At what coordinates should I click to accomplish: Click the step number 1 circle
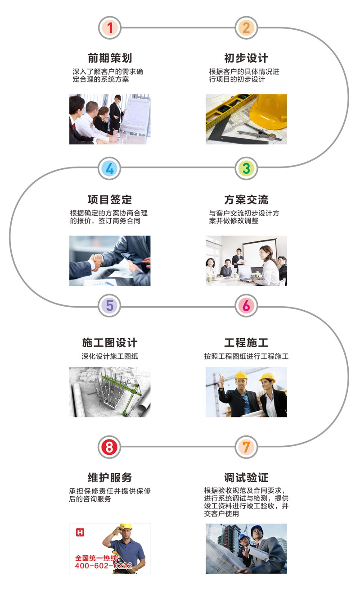pyautogui.click(x=110, y=28)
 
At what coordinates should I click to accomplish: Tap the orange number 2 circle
pyautogui.click(x=246, y=28)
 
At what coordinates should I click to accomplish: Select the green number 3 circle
pyautogui.click(x=246, y=168)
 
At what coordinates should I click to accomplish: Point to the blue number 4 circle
pyautogui.click(x=110, y=168)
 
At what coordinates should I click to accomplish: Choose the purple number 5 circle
pyautogui.click(x=110, y=306)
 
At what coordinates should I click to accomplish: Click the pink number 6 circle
pyautogui.click(x=246, y=306)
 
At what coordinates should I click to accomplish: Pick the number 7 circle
pyautogui.click(x=246, y=447)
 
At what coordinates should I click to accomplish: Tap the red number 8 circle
pyautogui.click(x=110, y=447)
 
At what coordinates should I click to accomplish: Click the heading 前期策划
pyautogui.click(x=110, y=58)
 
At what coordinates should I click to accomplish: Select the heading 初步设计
pyautogui.click(x=246, y=58)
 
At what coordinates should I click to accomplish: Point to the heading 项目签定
pyautogui.click(x=110, y=199)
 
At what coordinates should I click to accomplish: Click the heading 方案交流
pyautogui.click(x=246, y=199)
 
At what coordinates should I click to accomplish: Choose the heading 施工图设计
pyautogui.click(x=110, y=343)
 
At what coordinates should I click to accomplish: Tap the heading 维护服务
pyautogui.click(x=110, y=477)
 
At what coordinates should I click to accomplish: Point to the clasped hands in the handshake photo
pyautogui.click(x=96, y=261)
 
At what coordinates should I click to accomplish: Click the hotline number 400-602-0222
pyautogui.click(x=103, y=565)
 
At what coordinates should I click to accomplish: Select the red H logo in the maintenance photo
pyautogui.click(x=80, y=532)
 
